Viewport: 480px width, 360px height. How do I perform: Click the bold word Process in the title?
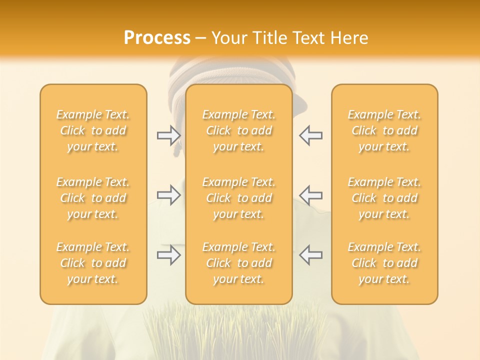157,38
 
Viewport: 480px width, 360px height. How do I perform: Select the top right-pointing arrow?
169,135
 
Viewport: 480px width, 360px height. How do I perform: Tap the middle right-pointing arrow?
169,195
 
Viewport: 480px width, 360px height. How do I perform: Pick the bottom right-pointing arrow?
169,255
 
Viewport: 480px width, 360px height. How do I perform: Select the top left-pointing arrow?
310,135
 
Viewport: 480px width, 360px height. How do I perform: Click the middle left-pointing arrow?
310,195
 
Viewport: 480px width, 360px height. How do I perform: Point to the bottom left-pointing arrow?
310,255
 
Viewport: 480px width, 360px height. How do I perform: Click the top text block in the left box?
93,130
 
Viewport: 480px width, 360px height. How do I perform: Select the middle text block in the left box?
93,198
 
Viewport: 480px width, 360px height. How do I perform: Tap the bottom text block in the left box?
93,263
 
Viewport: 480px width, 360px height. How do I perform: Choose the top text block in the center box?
239,130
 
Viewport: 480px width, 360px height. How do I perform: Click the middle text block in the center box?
239,198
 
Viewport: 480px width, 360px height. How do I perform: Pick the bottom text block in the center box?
239,263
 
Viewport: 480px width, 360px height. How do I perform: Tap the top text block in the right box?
384,130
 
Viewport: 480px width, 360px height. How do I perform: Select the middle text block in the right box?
384,198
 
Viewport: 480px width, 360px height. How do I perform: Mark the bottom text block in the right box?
384,263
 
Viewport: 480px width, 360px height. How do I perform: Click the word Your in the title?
229,38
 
